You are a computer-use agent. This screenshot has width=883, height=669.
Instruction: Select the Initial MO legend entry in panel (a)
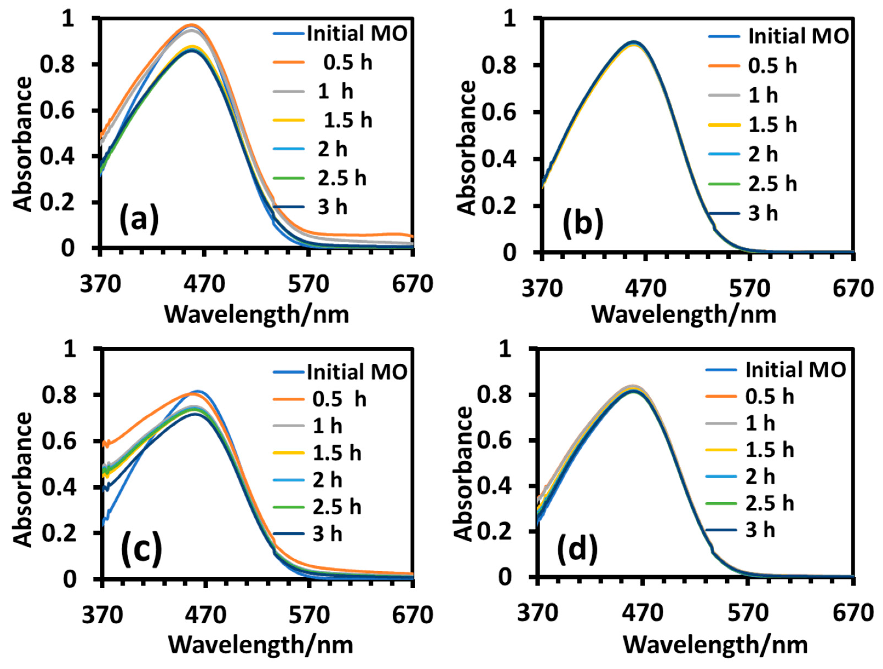click(340, 33)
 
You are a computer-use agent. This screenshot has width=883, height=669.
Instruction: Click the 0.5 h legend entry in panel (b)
click(752, 65)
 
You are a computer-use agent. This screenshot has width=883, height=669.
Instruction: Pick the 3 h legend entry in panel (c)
click(307, 534)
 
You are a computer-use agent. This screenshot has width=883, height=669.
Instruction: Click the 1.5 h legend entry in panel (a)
click(323, 120)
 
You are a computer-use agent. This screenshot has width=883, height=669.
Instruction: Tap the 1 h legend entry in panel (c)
click(307, 426)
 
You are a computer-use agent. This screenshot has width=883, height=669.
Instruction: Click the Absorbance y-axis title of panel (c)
click(23, 479)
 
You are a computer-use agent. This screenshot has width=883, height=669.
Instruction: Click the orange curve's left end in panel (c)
click(103, 443)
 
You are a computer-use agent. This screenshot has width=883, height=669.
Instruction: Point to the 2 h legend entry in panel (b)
click(743, 154)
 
